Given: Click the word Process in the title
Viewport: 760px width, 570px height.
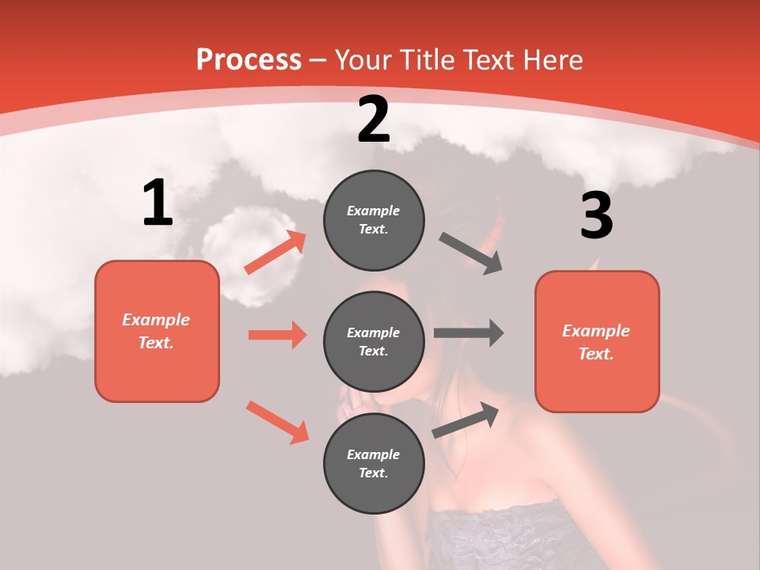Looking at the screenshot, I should [x=249, y=59].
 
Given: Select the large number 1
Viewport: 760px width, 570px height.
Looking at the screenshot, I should [x=158, y=203].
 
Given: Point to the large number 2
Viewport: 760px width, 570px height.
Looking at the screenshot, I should [x=374, y=120].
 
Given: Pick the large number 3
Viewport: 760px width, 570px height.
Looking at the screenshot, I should [x=596, y=215].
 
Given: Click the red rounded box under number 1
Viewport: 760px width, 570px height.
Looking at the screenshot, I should [x=157, y=331].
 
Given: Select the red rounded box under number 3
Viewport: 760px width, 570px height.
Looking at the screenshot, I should [x=597, y=342].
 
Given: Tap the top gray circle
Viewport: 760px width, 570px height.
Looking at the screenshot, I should [x=374, y=220].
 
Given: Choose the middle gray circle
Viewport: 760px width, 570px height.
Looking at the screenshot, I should [x=374, y=341].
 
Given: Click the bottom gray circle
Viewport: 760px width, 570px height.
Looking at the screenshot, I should [x=374, y=463].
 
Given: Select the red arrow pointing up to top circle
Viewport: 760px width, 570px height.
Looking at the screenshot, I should [x=275, y=253].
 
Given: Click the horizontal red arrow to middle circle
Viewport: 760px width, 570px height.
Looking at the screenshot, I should [x=277, y=335].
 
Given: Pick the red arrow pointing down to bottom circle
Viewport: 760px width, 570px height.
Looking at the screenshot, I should [x=277, y=422].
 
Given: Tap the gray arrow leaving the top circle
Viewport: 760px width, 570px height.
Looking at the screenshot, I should [x=471, y=253].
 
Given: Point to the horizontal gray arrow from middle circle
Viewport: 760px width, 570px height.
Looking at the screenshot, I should [x=469, y=333].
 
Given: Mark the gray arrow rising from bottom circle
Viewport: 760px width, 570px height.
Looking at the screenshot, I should [x=466, y=419].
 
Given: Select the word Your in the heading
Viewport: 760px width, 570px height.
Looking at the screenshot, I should [x=363, y=59].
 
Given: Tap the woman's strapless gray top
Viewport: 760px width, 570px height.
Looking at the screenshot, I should [x=507, y=538].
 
